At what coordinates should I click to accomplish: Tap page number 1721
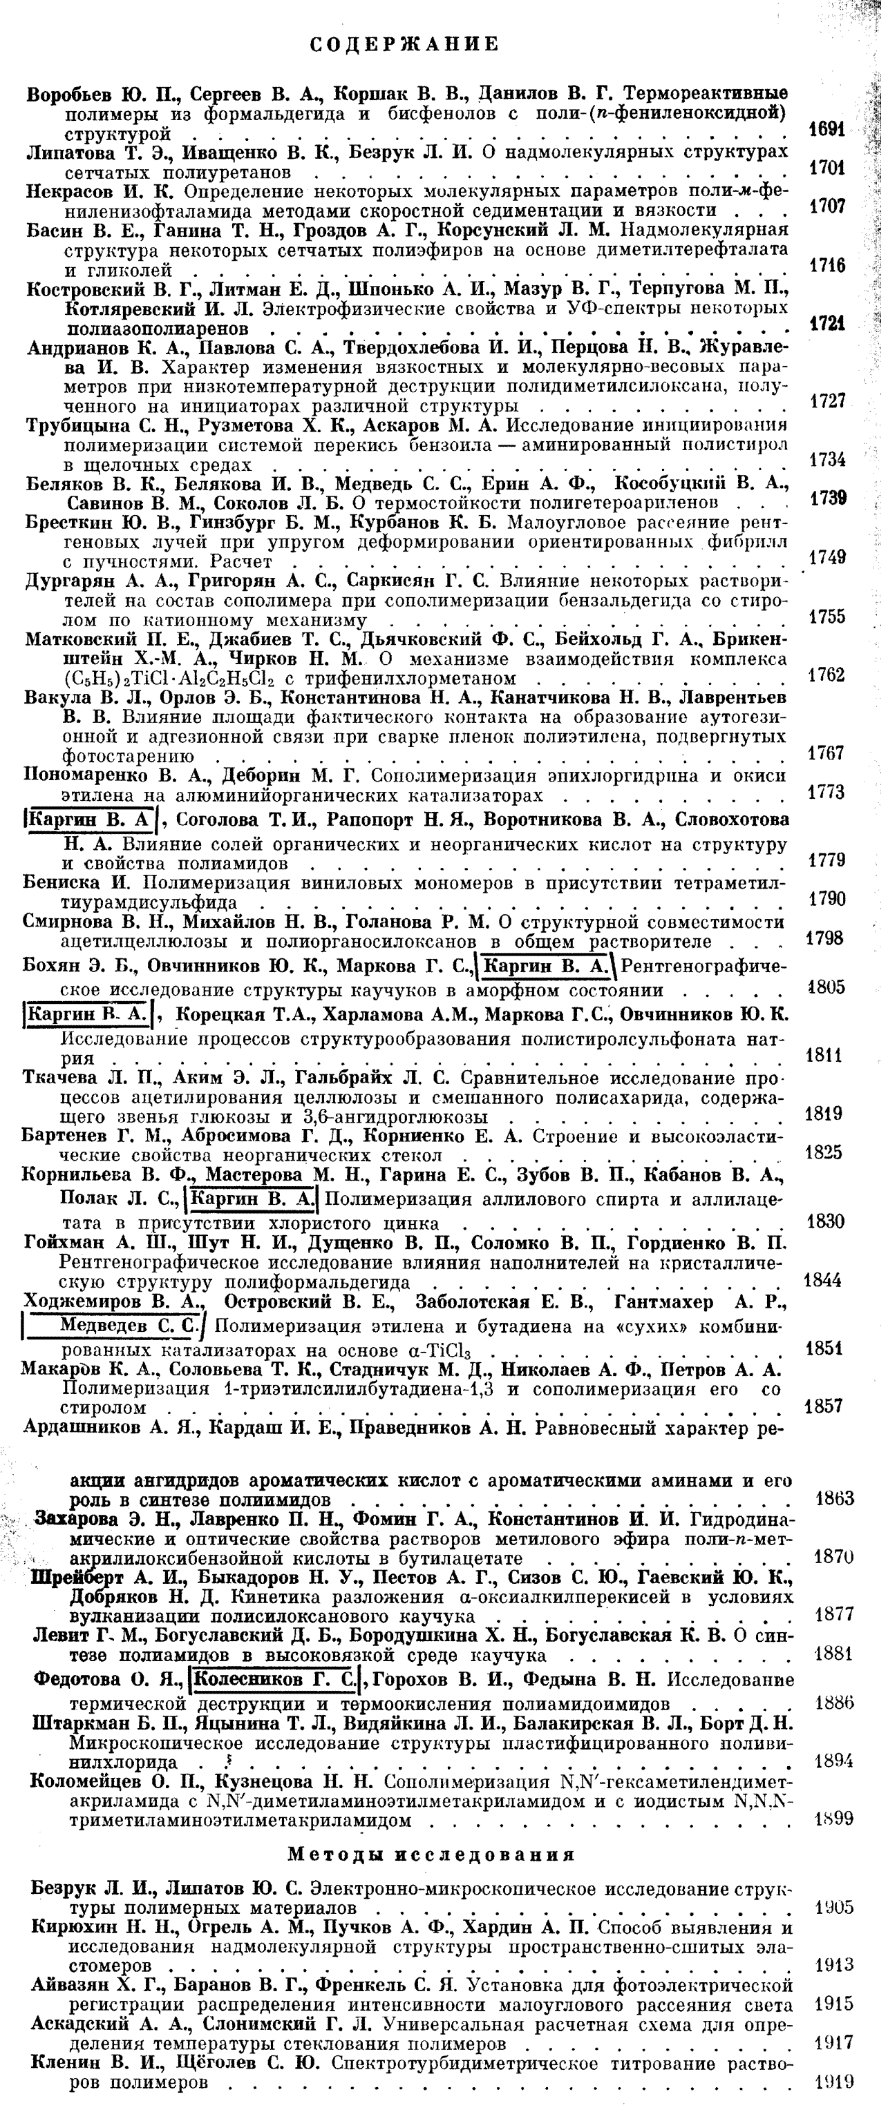pos(829,325)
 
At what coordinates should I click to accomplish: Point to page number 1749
pos(828,557)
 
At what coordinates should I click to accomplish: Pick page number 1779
pos(827,860)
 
